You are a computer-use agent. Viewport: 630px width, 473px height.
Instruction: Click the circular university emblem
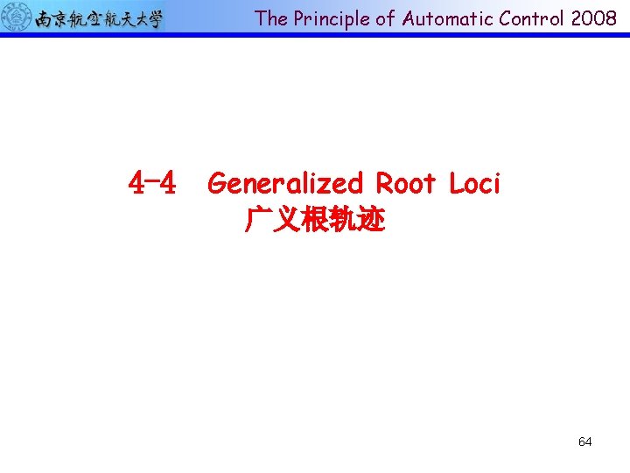tap(17, 18)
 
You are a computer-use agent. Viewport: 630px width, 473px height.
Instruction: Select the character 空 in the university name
tap(98, 18)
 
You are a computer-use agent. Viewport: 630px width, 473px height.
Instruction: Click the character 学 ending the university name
tap(153, 18)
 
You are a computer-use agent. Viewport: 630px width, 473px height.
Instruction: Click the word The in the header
tap(271, 18)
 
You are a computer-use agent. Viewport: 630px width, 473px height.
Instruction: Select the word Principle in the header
tap(328, 18)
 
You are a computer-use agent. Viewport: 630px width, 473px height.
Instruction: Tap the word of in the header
tap(384, 18)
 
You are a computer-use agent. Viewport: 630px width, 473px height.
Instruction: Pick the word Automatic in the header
tap(445, 18)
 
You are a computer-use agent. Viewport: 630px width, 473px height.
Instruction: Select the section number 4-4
tap(152, 183)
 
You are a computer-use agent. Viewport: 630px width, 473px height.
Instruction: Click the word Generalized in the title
tap(285, 183)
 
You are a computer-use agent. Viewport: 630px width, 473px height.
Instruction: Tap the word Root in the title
tap(406, 183)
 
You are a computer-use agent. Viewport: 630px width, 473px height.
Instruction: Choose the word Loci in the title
tap(474, 183)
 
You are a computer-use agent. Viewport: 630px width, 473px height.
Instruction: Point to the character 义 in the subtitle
tap(287, 220)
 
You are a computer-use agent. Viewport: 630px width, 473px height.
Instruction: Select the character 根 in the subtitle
tap(315, 220)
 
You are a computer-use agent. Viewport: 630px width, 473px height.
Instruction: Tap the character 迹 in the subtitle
tap(371, 220)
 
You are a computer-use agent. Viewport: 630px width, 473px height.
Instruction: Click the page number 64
tap(584, 441)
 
